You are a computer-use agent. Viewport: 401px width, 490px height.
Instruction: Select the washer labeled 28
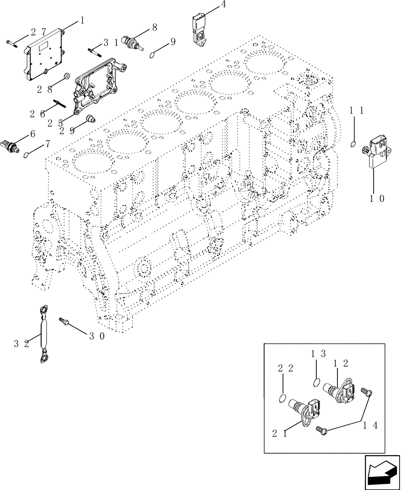tap(67, 77)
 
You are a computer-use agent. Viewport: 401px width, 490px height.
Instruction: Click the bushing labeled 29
tap(90, 119)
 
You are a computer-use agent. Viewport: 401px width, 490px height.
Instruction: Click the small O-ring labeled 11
tap(352, 144)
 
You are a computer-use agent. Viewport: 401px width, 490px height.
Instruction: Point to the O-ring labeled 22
tap(281, 397)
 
